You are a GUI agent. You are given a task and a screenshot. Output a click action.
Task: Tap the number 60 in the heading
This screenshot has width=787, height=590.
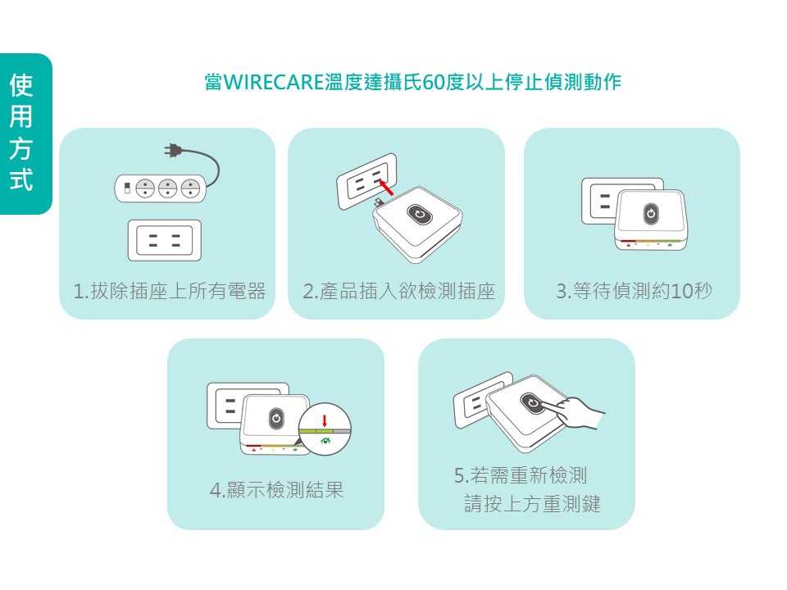coord(433,82)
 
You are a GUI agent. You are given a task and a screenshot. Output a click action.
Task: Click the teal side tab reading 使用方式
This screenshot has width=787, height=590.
coord(25,134)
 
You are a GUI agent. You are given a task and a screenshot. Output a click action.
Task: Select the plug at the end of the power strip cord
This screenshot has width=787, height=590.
coord(173,150)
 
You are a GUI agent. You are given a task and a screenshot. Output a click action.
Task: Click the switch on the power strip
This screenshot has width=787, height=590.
coord(128,188)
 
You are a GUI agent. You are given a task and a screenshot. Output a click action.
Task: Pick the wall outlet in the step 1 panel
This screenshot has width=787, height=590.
coord(165,240)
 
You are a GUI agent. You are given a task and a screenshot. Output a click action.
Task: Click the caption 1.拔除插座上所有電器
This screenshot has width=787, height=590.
coord(169,291)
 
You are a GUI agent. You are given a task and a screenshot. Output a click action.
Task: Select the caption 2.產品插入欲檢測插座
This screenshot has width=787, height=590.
coord(399,291)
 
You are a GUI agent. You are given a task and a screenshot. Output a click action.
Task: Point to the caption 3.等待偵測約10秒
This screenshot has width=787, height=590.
coord(634,291)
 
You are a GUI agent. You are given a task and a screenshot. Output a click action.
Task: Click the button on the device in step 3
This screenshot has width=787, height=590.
coord(650,213)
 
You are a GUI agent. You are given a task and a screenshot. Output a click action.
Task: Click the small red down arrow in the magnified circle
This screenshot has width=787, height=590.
coord(325,420)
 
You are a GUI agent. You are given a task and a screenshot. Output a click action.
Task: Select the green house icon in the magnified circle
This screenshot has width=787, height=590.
coord(325,441)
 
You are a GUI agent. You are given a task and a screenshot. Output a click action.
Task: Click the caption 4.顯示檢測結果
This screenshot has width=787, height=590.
coord(276,489)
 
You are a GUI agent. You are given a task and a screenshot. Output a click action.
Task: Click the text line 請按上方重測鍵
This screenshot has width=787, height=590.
coord(531,503)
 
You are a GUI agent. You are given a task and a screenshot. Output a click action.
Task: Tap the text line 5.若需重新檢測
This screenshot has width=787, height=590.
coord(520,475)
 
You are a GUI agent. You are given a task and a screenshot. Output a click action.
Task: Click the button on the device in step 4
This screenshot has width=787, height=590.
coord(276,419)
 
